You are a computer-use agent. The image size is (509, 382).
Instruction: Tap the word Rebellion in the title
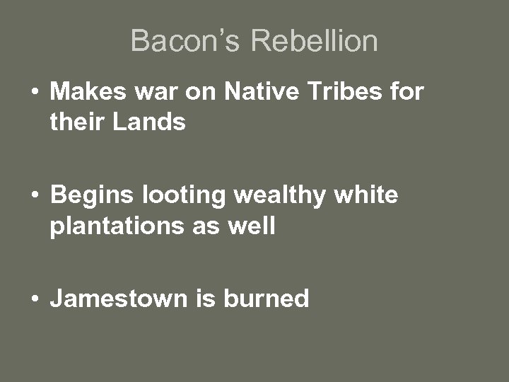(315, 41)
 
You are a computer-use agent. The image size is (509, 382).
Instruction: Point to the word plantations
(112, 226)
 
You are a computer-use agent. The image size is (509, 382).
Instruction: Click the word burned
(267, 299)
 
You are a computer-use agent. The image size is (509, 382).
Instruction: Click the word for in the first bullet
(407, 92)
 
